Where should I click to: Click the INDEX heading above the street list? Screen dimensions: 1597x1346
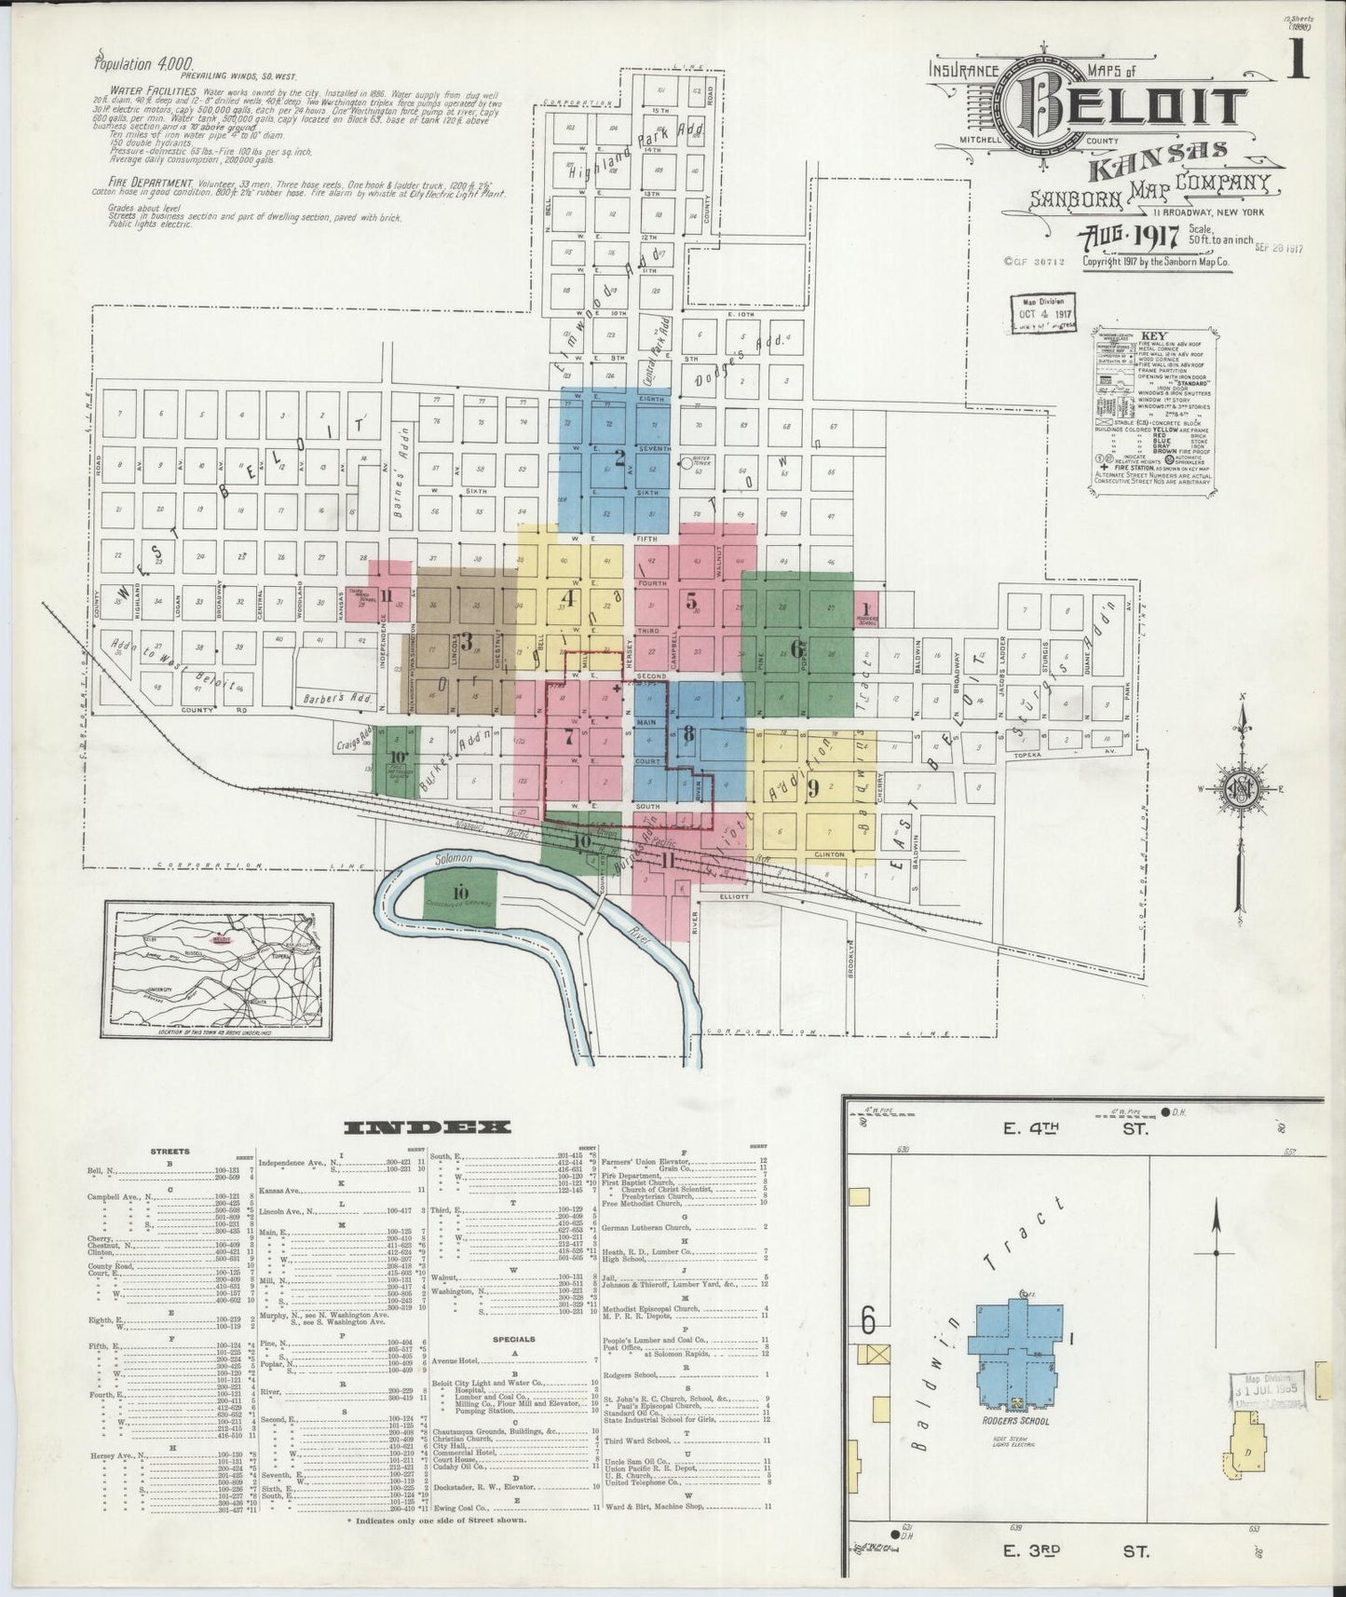(428, 1127)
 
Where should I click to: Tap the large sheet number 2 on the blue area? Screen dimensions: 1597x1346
(619, 457)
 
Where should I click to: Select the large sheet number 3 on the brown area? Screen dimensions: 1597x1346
(467, 641)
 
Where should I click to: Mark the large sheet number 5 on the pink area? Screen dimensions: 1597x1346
(691, 601)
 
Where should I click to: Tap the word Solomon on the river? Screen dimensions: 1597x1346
(452, 856)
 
